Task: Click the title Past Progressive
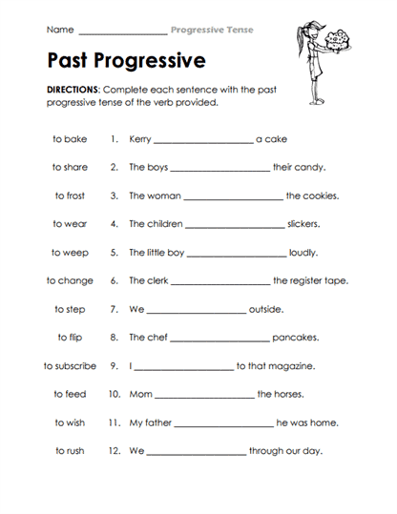pyautogui.click(x=125, y=62)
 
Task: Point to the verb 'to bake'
pyautogui.click(x=70, y=139)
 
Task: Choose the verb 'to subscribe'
pyautogui.click(x=70, y=366)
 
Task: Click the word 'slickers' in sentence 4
pyautogui.click(x=303, y=225)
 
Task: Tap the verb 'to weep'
pyautogui.click(x=70, y=253)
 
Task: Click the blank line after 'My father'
pyautogui.click(x=225, y=424)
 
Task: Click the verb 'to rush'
pyautogui.click(x=70, y=451)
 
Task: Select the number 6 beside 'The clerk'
pyautogui.click(x=114, y=281)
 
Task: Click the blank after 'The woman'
pyautogui.click(x=231, y=198)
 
